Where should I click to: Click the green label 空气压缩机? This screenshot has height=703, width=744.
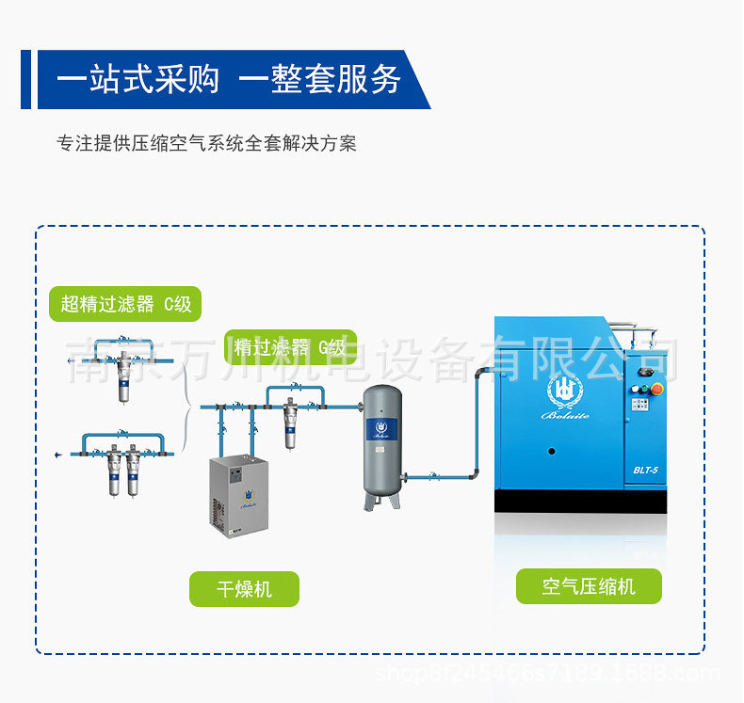[x=589, y=586]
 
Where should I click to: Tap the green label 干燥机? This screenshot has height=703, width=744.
[x=244, y=589]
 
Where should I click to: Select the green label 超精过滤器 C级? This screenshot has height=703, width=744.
[x=125, y=303]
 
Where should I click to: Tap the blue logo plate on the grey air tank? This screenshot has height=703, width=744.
[x=381, y=429]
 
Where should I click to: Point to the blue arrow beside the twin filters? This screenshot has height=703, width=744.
[x=60, y=455]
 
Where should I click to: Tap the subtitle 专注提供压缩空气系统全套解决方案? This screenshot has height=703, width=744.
[x=206, y=144]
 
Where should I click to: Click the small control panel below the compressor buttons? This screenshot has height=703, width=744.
[x=639, y=405]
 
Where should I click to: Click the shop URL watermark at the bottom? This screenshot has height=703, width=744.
[x=547, y=674]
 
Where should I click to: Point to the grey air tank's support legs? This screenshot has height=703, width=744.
[x=381, y=499]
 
